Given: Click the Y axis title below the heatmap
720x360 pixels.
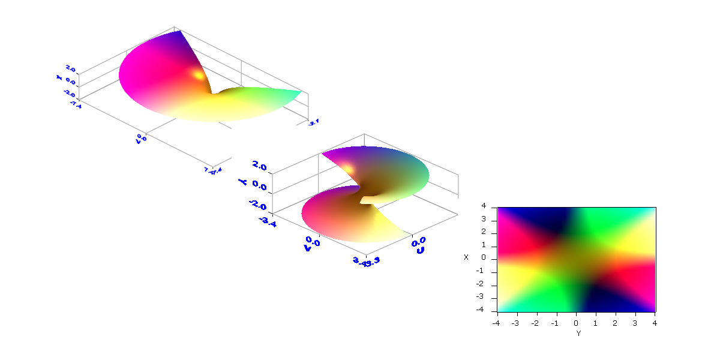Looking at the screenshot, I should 578,332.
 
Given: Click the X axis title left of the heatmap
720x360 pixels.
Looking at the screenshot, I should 466,257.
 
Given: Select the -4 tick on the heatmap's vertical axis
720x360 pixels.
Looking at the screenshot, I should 490,310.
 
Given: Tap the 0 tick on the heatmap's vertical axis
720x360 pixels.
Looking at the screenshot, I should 491,259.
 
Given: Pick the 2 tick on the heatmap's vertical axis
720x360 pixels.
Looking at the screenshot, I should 491,233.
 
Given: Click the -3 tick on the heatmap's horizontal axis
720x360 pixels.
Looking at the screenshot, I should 515,323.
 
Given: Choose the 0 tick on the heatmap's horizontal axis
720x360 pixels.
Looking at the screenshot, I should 576,323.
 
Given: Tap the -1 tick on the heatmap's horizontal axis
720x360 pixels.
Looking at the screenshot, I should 555,323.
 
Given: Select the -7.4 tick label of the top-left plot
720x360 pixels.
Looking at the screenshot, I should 75,104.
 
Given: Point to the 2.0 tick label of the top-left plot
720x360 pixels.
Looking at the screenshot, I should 71,70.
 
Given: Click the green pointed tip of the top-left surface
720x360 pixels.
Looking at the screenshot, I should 300,92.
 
